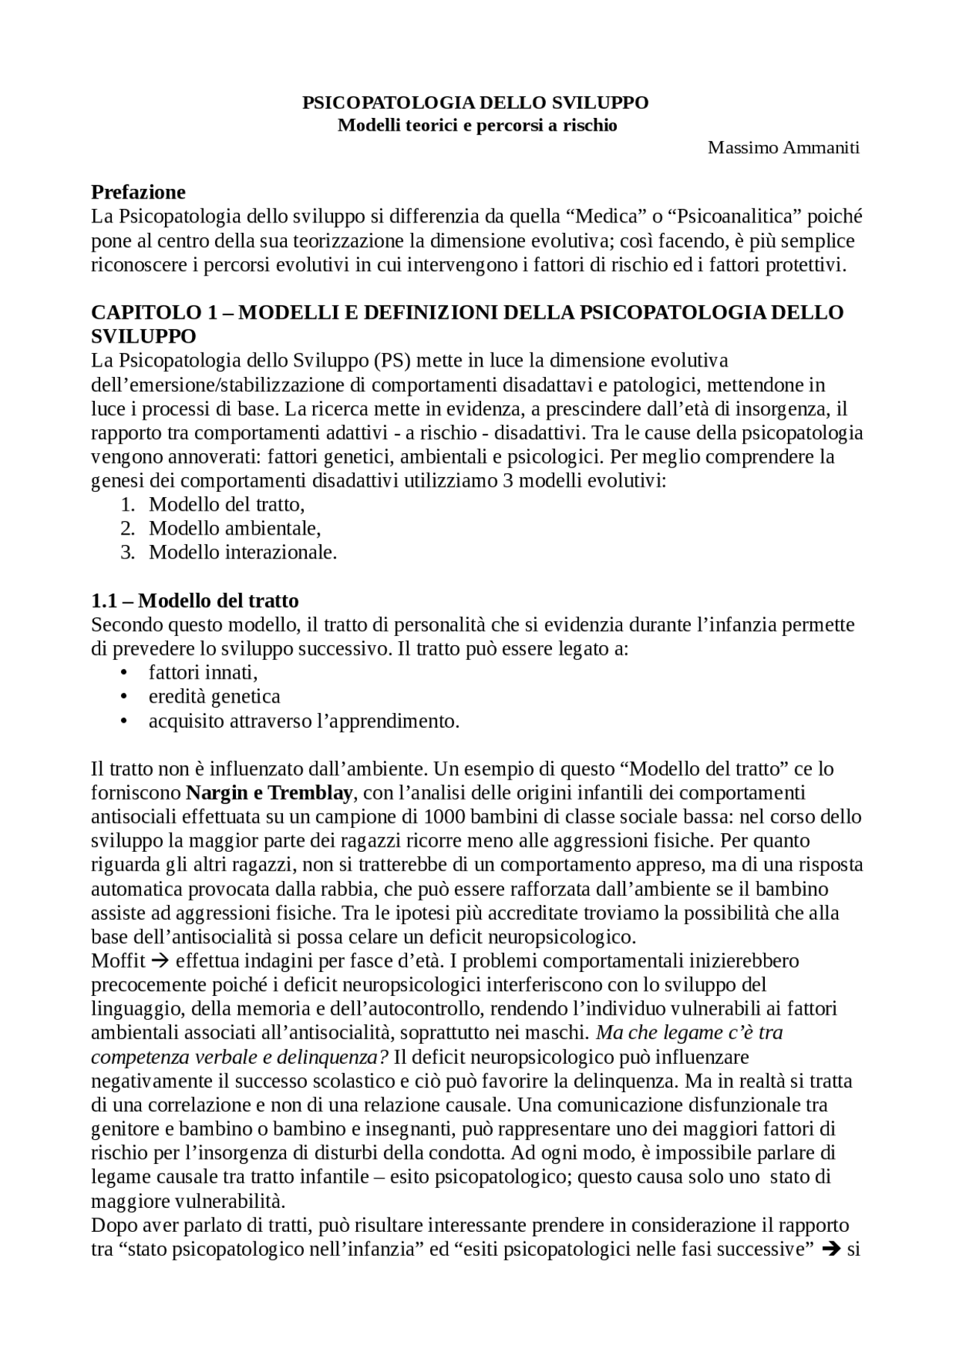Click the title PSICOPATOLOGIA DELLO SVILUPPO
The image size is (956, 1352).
coord(475,103)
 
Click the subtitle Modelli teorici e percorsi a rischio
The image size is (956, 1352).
coord(477,125)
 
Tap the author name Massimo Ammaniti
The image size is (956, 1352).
coord(783,148)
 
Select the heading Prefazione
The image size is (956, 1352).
coord(138,193)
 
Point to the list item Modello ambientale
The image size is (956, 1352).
coord(235,529)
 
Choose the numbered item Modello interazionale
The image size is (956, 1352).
coord(243,552)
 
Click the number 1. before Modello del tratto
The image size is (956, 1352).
coord(128,505)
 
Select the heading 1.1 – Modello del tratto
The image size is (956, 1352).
coord(195,601)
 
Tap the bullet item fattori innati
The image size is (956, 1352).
coord(203,673)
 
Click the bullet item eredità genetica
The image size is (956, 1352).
coord(214,697)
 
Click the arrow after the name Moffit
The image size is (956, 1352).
coord(161,960)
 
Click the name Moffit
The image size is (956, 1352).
coord(118,960)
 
